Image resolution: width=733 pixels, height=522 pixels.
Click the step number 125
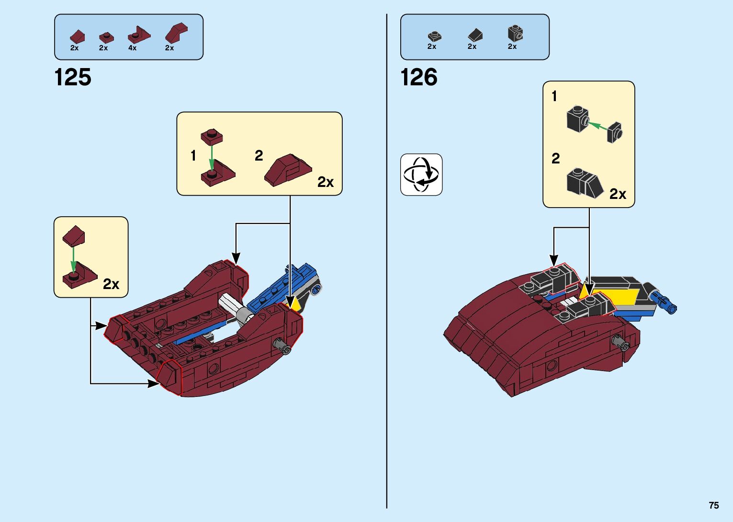(73, 78)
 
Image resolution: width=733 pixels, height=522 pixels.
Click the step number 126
(418, 78)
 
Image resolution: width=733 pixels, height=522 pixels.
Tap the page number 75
(713, 506)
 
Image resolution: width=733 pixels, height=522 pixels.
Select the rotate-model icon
(421, 174)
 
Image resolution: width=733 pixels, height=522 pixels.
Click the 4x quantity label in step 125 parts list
(132, 48)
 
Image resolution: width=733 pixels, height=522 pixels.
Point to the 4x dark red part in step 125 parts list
(138, 35)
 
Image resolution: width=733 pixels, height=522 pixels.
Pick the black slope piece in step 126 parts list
(475, 35)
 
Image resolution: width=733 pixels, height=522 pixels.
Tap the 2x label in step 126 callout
(618, 194)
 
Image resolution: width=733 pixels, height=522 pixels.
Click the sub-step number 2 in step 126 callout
(555, 158)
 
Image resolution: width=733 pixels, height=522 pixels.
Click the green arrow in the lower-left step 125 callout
(73, 259)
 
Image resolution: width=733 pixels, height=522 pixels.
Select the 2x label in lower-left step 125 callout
(111, 284)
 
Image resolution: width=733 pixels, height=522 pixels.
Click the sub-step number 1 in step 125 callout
(193, 156)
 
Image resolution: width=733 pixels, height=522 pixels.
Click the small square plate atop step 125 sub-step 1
(212, 137)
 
